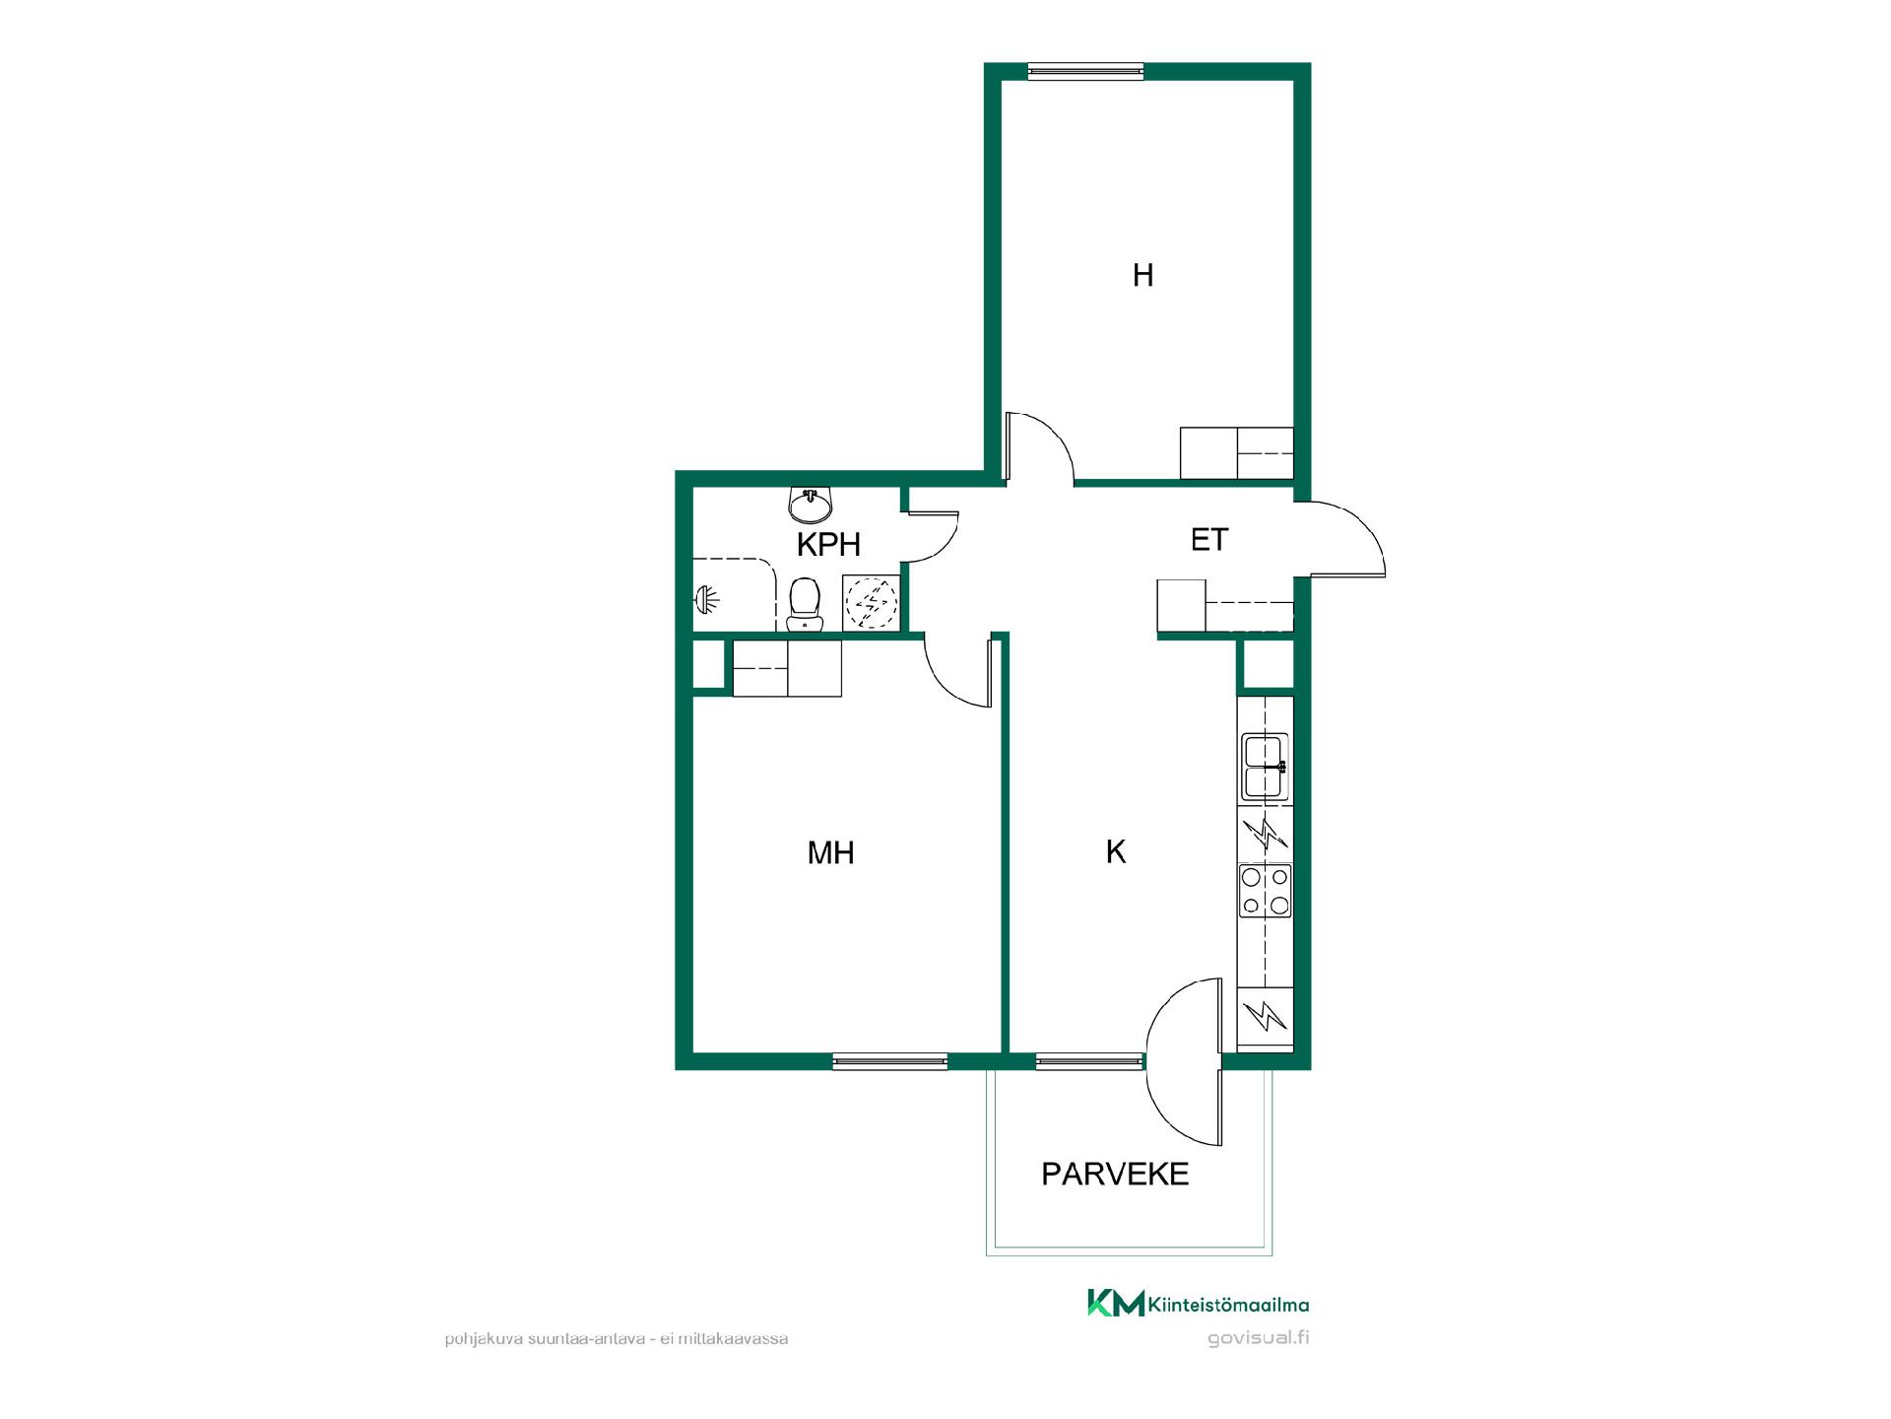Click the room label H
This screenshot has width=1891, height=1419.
[1142, 275]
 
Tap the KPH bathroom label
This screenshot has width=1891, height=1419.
[828, 544]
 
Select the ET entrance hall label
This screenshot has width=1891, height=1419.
[1209, 540]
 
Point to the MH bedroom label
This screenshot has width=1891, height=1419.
[830, 852]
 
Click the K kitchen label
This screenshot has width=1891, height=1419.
[1115, 851]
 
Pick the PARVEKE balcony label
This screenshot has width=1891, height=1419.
[1115, 1174]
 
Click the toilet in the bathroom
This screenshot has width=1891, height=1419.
[805, 604]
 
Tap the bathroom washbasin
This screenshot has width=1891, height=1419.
[811, 505]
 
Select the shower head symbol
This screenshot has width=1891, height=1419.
[707, 597]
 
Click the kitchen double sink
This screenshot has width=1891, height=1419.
[1265, 766]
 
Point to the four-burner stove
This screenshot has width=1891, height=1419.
[1265, 891]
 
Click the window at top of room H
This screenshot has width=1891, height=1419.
[1085, 70]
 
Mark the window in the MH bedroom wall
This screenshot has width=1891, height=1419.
[889, 1061]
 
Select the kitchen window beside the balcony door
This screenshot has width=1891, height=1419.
[1090, 1061]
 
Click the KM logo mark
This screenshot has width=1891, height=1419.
[1116, 1303]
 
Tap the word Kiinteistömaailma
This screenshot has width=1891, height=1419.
[1228, 1305]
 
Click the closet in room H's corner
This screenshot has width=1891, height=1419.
[1236, 453]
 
